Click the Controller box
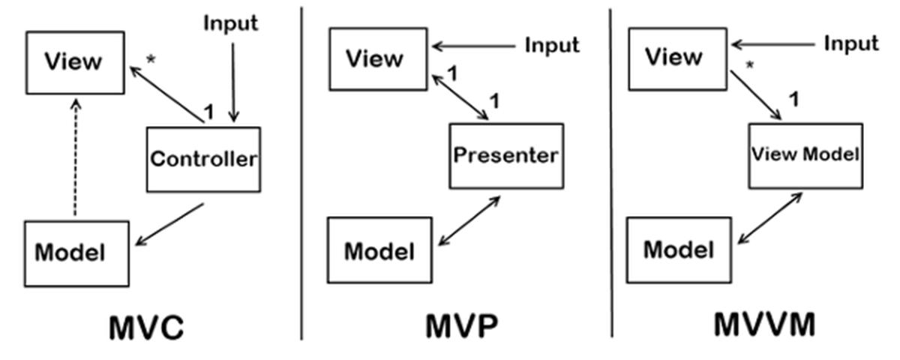pyautogui.click(x=204, y=159)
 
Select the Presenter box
pyautogui.click(x=505, y=156)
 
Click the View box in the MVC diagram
pyautogui.click(x=73, y=62)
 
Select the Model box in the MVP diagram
pyautogui.click(x=379, y=250)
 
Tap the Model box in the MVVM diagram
pyautogui.click(x=679, y=250)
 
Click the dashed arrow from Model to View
pyautogui.click(x=74, y=157)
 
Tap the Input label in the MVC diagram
pyautogui.click(x=231, y=23)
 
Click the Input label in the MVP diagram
pyautogui.click(x=552, y=45)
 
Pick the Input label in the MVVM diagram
pyautogui.click(x=851, y=43)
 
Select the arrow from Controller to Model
pyautogui.click(x=170, y=224)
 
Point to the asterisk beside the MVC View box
pyautogui.click(x=150, y=59)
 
